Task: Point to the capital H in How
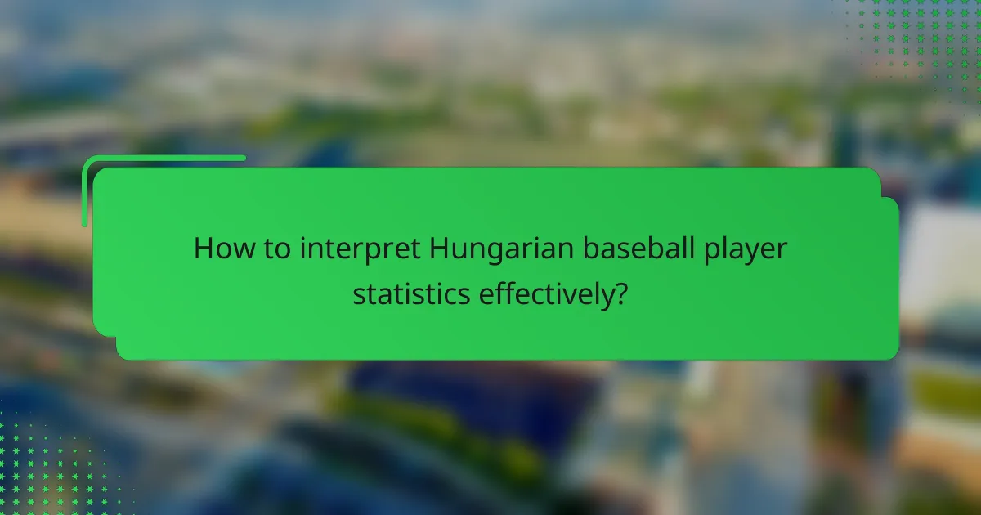[204, 249]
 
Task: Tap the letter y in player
[753, 253]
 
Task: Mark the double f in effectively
[501, 292]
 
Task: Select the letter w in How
[240, 250]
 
